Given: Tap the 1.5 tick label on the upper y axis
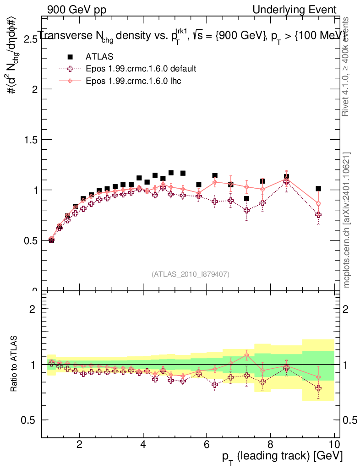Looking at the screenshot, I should (x=30, y=140).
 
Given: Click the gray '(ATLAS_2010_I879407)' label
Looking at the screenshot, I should (x=191, y=274).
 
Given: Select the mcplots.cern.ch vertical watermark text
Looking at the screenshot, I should (x=347, y=220).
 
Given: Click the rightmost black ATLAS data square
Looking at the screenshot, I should (x=318, y=189).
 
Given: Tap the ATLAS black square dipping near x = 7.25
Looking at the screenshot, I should (x=246, y=198).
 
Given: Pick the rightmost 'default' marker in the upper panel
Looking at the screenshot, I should (x=318, y=214).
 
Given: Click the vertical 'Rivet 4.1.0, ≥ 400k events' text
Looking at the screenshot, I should (x=346, y=66).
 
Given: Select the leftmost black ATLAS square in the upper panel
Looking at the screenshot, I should (x=51, y=240).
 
